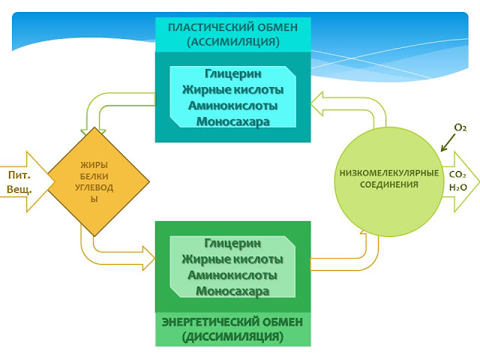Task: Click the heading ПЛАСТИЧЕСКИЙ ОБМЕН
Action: [232, 28]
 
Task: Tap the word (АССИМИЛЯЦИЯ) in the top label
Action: [232, 42]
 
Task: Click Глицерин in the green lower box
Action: [232, 244]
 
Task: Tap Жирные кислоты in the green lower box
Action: [232, 259]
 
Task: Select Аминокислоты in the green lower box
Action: [232, 275]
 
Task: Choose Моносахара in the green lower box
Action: [232, 291]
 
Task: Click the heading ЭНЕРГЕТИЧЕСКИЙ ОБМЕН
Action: [232, 322]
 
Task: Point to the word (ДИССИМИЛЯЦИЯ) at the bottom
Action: [232, 337]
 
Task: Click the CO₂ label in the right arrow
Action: [457, 174]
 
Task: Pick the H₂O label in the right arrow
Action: [457, 187]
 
